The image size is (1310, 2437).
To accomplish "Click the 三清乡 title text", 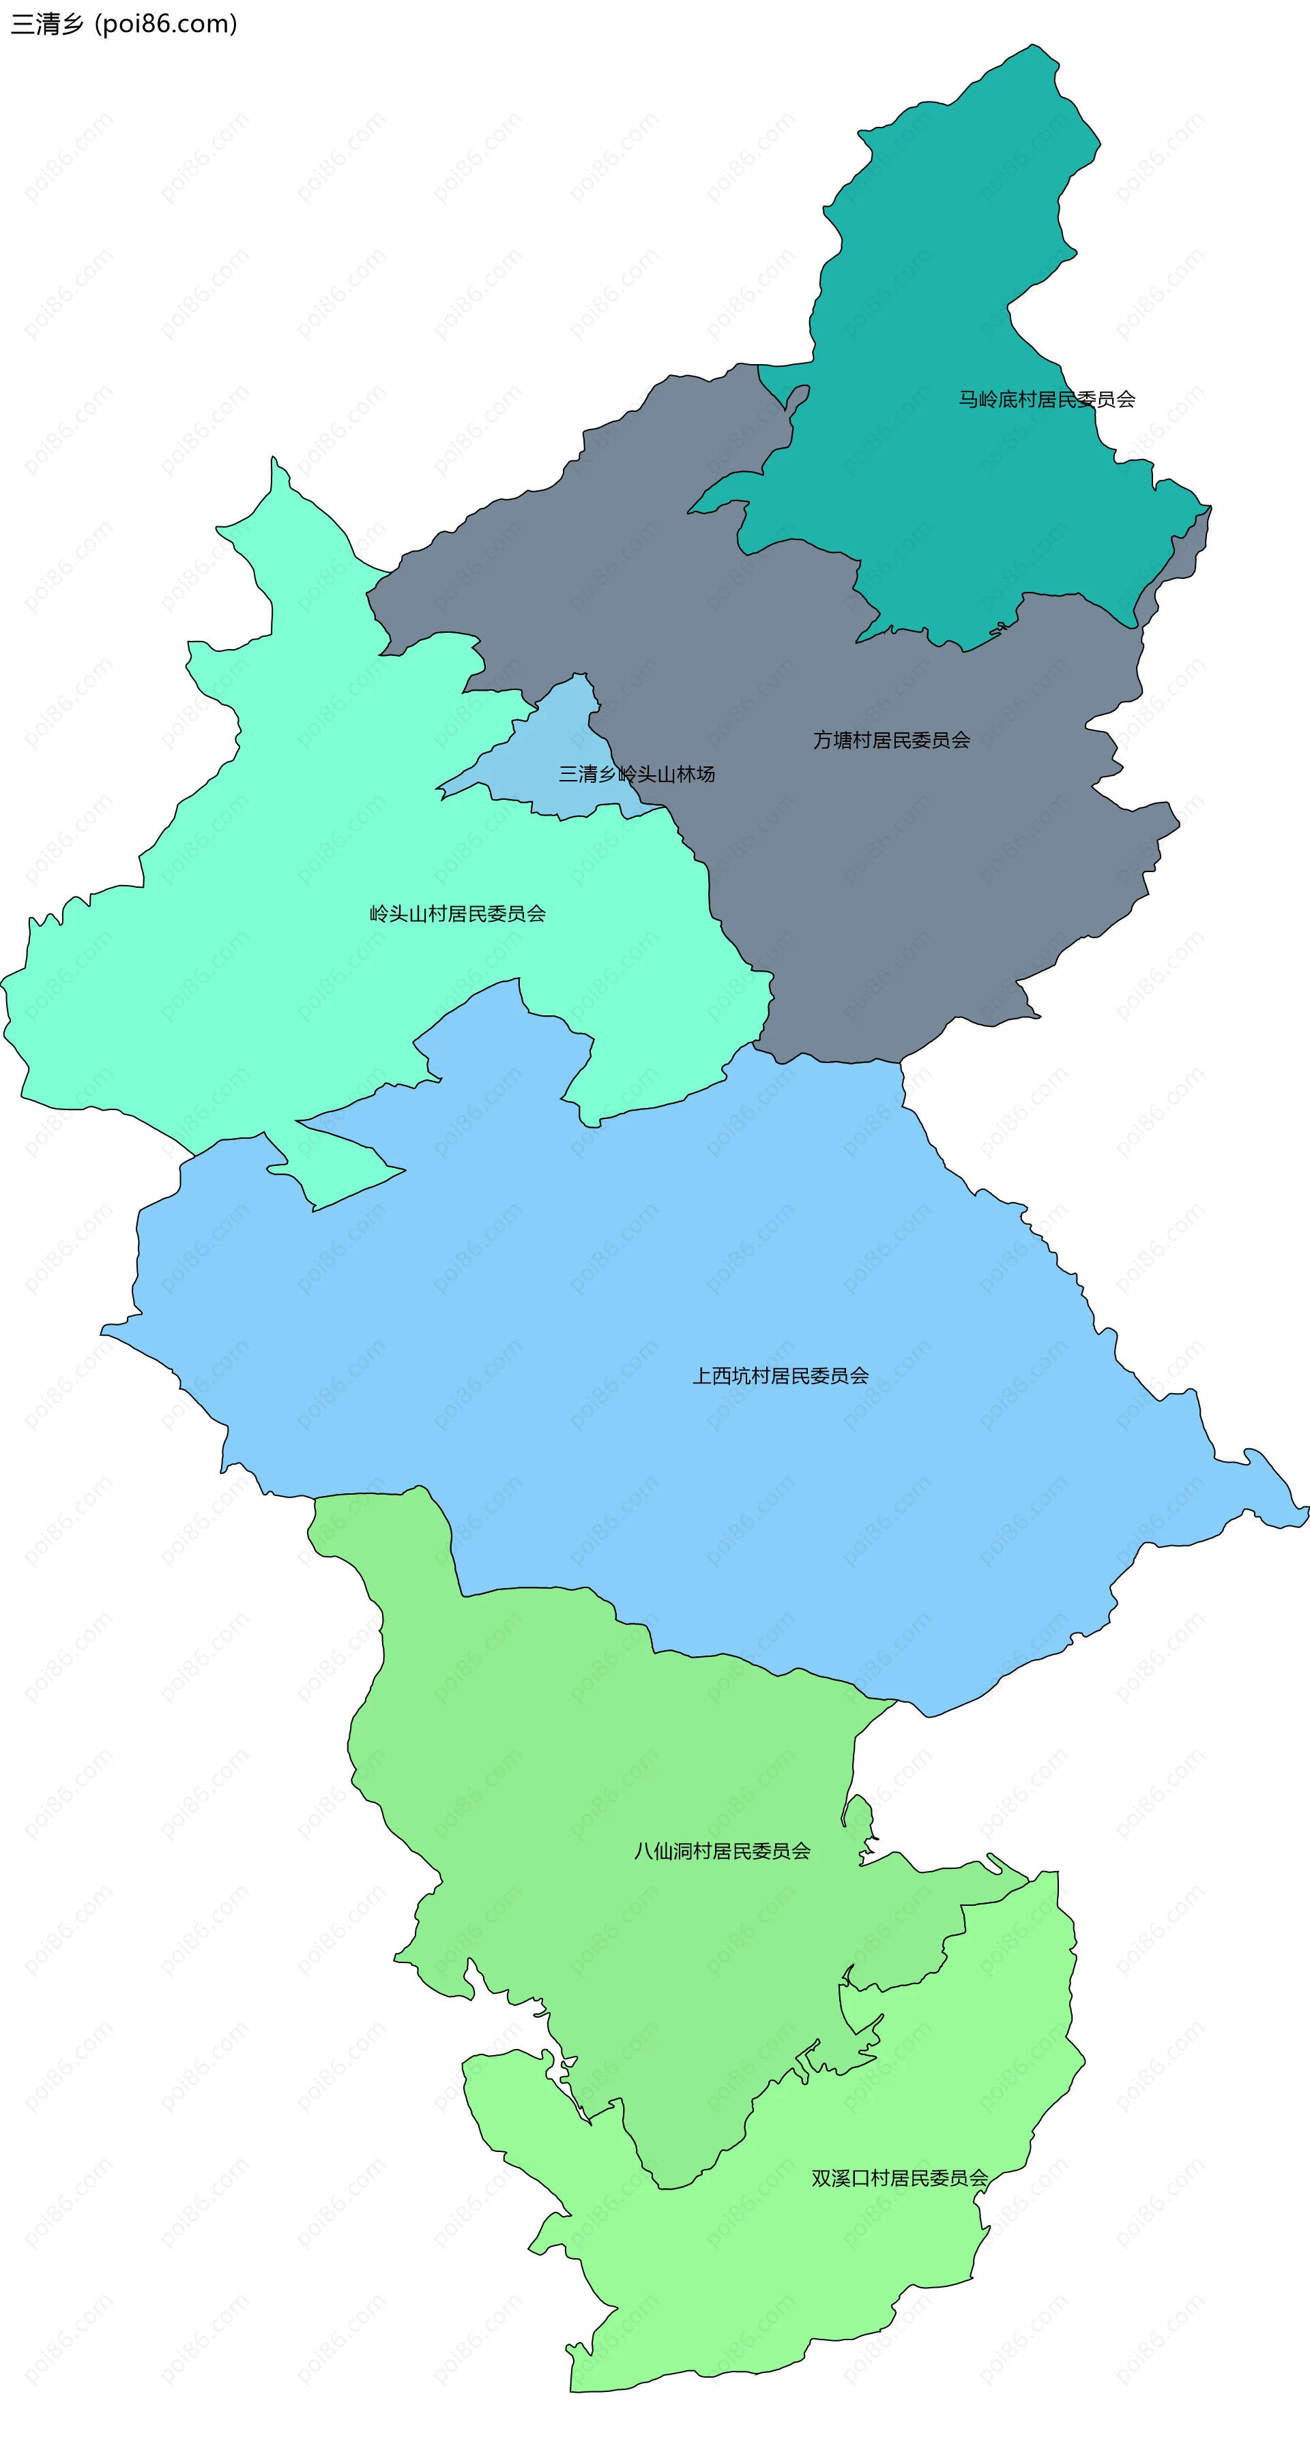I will pyautogui.click(x=47, y=24).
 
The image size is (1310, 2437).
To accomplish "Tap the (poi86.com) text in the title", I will pyautogui.click(x=166, y=24).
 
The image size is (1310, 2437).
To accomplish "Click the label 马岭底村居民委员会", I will pyautogui.click(x=1046, y=399).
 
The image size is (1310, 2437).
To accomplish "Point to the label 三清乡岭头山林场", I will pyautogui.click(x=636, y=774).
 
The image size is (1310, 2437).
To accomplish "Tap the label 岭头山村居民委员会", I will pyautogui.click(x=457, y=913).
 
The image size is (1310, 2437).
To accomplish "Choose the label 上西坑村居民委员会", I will pyautogui.click(x=780, y=1375).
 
